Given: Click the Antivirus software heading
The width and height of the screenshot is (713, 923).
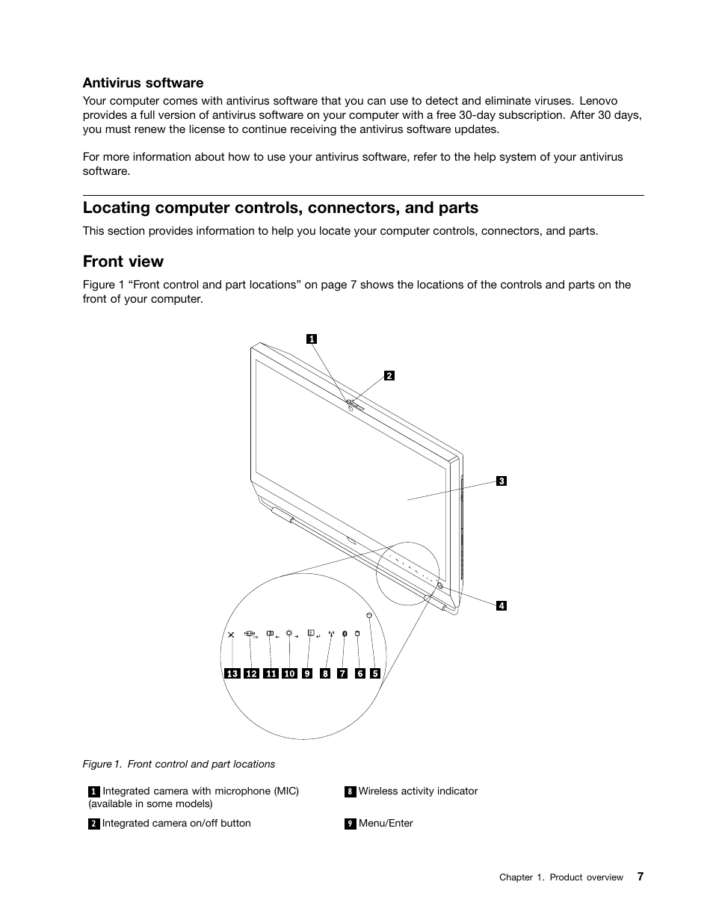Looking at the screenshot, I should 143,83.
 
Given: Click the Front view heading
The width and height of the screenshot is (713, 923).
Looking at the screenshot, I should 123,262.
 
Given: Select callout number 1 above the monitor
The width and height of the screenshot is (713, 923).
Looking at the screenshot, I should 312,339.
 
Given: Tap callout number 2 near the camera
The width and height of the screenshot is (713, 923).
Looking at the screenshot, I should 389,376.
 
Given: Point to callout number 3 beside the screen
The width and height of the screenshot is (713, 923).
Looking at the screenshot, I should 501,481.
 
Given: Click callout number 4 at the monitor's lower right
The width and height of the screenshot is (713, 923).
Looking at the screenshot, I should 501,606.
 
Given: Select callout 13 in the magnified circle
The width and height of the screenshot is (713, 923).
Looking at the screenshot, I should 232,674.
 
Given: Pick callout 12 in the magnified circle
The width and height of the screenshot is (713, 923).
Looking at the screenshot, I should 251,674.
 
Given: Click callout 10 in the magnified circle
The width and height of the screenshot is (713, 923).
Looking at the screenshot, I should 289,674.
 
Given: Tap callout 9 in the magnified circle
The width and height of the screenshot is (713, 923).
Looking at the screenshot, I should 307,674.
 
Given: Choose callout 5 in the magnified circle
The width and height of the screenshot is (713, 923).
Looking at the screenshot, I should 375,674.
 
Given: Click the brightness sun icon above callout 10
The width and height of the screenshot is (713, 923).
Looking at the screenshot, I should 288,632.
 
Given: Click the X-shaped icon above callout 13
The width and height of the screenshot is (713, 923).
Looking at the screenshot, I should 232,635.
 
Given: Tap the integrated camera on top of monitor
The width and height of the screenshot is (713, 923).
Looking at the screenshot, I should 350,404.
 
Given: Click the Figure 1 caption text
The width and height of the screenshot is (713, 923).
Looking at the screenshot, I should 179,764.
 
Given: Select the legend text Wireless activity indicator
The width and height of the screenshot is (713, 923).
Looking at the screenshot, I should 418,791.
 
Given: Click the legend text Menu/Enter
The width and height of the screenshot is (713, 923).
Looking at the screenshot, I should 386,824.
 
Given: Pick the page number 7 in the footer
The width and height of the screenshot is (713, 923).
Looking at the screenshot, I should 640,877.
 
